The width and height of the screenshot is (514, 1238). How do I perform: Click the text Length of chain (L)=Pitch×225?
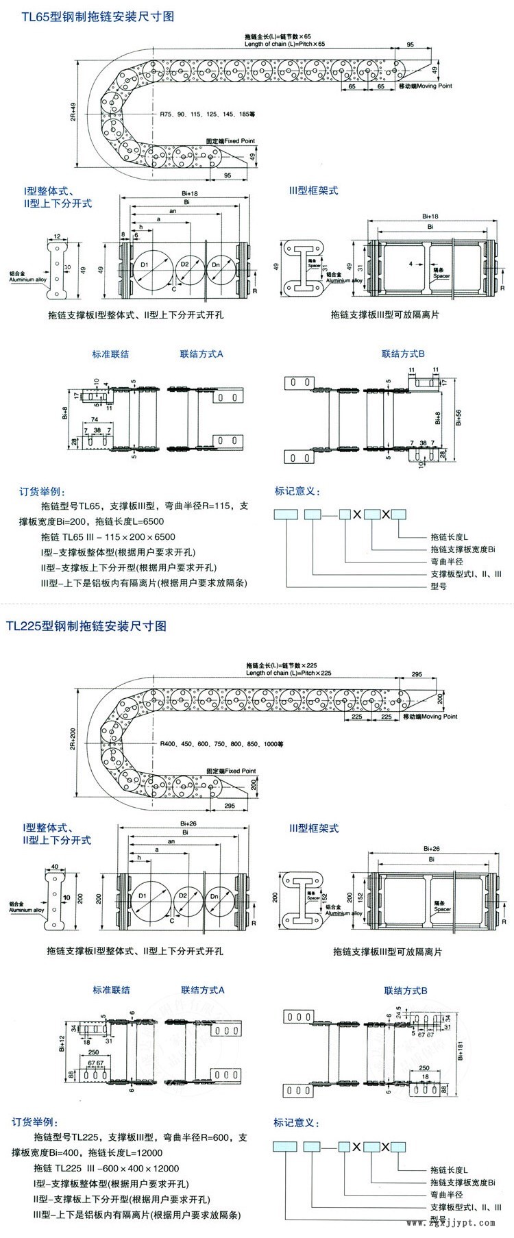pyautogui.click(x=288, y=673)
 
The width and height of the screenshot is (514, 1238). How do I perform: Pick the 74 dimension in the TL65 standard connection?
pyautogui.click(x=94, y=419)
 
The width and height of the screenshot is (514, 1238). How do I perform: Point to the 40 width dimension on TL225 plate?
pyautogui.click(x=56, y=866)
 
